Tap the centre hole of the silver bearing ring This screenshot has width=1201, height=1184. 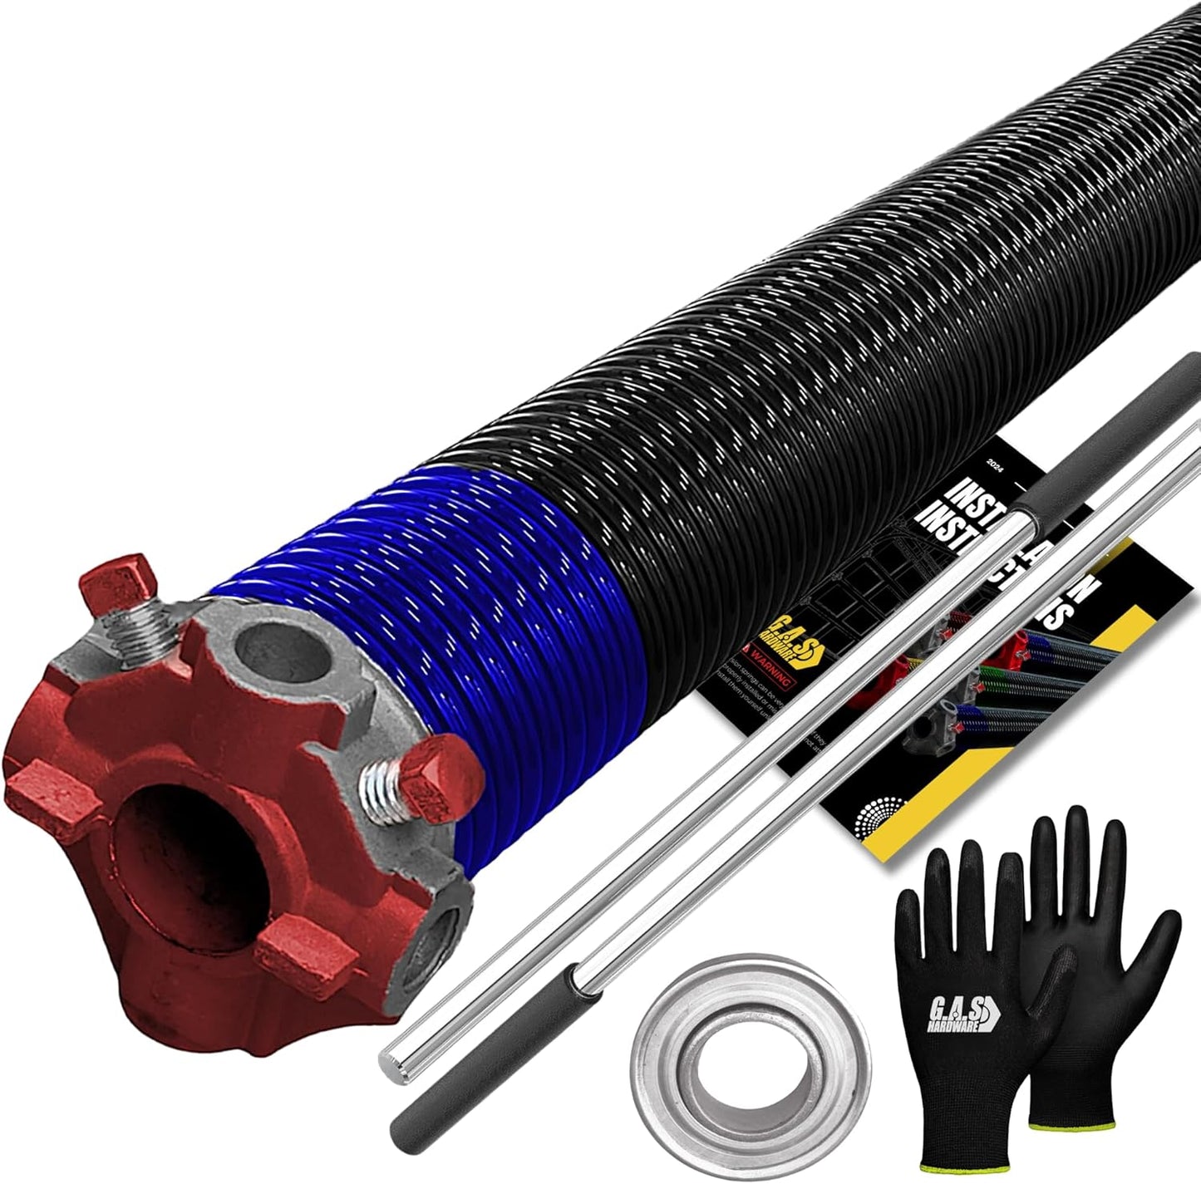750,1070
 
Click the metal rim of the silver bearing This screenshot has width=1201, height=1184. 657,1072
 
